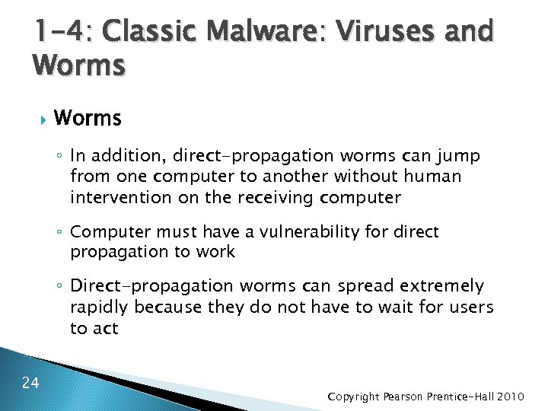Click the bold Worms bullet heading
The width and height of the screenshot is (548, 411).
point(88,119)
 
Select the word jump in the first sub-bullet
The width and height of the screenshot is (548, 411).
point(460,156)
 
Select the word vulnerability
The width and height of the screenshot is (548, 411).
point(311,231)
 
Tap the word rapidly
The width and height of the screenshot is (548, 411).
point(99,307)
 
